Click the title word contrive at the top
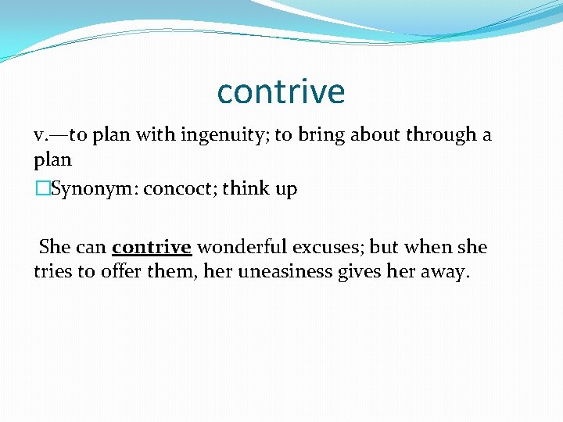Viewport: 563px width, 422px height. (281, 91)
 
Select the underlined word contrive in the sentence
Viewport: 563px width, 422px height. (152, 248)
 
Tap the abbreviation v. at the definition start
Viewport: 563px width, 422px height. (42, 135)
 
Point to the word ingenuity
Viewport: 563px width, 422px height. (225, 136)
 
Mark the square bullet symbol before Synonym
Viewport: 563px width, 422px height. (42, 189)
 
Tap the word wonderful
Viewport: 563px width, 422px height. (241, 248)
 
